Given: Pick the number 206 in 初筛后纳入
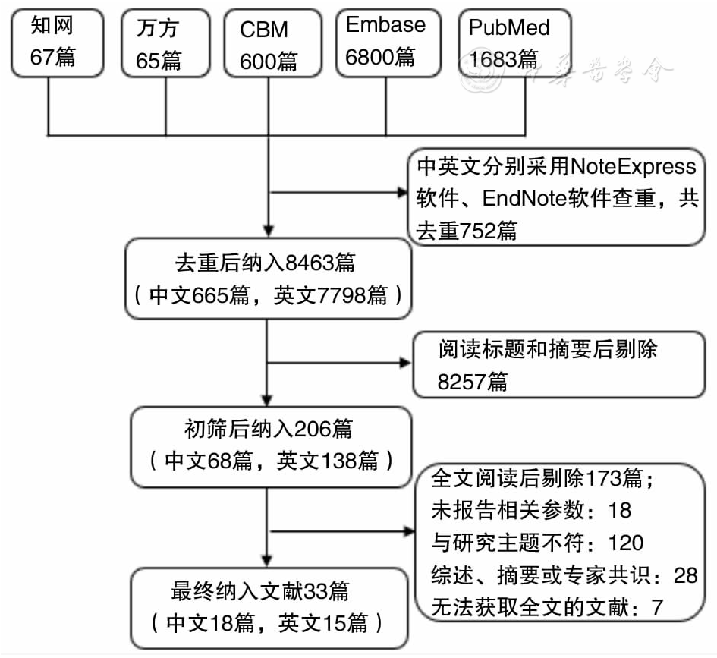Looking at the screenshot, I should (x=312, y=430).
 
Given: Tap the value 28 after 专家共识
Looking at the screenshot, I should (x=684, y=575).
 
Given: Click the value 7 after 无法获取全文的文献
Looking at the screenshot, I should (x=657, y=606).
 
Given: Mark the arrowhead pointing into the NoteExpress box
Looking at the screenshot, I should (x=404, y=192).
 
